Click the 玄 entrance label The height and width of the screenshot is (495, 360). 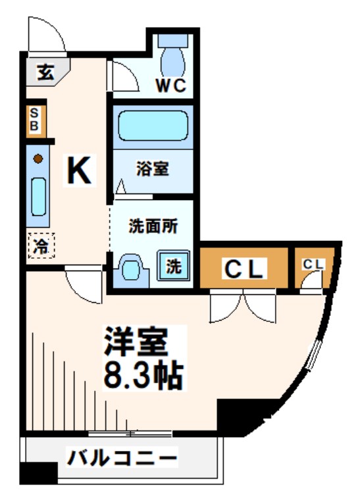(x=45, y=72)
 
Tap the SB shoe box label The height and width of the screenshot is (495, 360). (x=36, y=120)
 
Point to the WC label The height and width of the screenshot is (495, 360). (x=172, y=85)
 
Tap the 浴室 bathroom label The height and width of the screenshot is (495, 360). (x=153, y=169)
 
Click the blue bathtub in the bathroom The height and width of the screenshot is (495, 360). (x=153, y=124)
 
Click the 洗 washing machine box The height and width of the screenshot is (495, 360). (x=173, y=267)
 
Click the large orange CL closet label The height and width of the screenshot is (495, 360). (x=244, y=269)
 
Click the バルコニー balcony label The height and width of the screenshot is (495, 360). (x=122, y=457)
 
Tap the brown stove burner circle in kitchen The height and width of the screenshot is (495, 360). (x=39, y=158)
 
